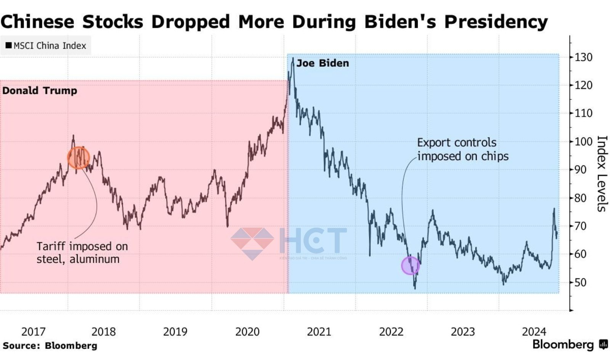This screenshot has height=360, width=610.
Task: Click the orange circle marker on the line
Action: (x=79, y=157)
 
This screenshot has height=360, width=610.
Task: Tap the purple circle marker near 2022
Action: (x=411, y=265)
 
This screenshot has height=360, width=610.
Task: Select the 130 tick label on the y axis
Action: (x=583, y=57)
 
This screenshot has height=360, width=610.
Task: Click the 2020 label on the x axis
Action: (x=247, y=332)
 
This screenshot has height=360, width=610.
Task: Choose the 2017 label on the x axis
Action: (x=33, y=332)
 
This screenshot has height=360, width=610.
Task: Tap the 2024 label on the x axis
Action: (x=534, y=332)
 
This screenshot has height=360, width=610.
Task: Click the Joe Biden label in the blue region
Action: (x=323, y=63)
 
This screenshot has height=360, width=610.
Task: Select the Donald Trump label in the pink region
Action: (x=40, y=91)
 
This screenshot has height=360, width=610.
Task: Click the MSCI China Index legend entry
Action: (x=46, y=46)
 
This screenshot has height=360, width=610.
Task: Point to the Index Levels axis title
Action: (x=601, y=174)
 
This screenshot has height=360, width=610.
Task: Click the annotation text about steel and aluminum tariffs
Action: (x=82, y=252)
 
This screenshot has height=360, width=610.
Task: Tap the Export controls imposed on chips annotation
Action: (x=462, y=149)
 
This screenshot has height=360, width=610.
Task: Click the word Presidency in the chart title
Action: (x=496, y=21)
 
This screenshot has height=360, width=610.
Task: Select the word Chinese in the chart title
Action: (x=37, y=21)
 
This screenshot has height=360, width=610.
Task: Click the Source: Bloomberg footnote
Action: (x=50, y=346)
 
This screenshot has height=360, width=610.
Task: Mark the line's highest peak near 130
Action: (x=293, y=58)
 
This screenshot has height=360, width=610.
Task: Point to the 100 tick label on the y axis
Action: (x=583, y=141)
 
